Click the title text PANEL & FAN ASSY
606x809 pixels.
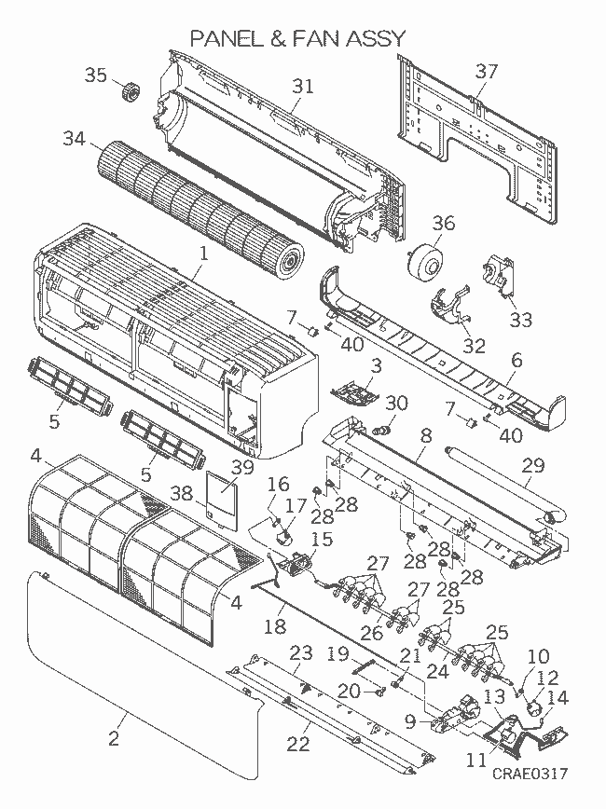[297, 38]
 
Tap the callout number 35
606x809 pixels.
[97, 75]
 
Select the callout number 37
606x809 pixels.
[487, 71]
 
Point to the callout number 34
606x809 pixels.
[75, 139]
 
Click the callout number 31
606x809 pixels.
[302, 86]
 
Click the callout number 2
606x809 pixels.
[114, 739]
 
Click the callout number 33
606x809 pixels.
[520, 320]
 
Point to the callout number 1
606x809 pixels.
[203, 252]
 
